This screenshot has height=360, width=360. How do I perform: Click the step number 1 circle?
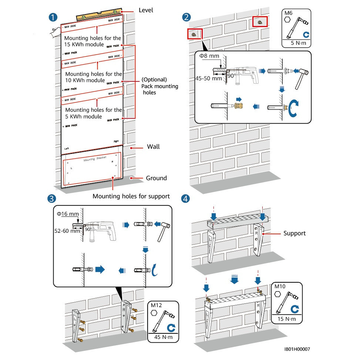(54, 17)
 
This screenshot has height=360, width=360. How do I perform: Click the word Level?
(146, 10)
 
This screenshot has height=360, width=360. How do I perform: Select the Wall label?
(153, 147)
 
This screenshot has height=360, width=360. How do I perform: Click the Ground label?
(156, 178)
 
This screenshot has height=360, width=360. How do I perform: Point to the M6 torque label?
(288, 14)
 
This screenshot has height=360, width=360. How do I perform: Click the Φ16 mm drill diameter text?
(68, 214)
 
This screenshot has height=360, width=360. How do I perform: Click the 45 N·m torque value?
(164, 338)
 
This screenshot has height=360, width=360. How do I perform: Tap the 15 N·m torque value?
(287, 319)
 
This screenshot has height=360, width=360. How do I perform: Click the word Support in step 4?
(295, 233)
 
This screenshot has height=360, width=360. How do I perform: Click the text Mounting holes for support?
(131, 196)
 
